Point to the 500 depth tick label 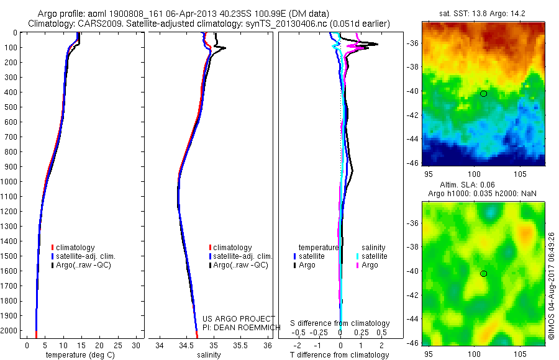(10, 107)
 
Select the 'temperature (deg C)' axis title (80, 355)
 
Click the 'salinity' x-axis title (209, 355)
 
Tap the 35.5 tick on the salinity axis (240, 345)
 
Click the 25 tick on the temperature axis (117, 345)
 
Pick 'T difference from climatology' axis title (339, 355)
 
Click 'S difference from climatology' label (340, 323)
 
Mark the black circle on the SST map (483, 94)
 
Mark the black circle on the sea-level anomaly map (483, 274)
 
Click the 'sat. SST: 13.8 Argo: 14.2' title (482, 14)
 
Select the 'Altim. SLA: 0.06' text (467, 185)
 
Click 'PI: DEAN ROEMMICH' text (242, 328)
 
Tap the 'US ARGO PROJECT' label (239, 318)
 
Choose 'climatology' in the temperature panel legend (73, 248)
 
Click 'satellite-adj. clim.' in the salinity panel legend (240, 256)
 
